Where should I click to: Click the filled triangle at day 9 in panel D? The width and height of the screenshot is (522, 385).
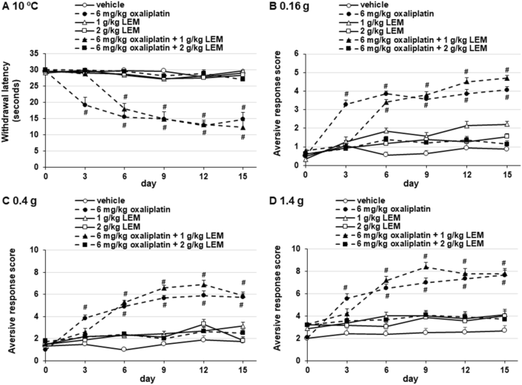pos(425,266)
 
